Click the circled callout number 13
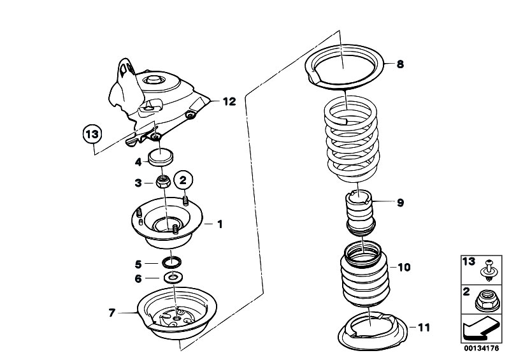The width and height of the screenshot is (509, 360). [x=92, y=134]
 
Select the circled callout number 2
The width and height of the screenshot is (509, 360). [x=183, y=180]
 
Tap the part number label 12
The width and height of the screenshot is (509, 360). [x=229, y=101]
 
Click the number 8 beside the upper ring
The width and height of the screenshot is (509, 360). [x=400, y=64]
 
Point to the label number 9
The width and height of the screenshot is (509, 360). [x=400, y=203]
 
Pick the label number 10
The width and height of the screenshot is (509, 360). [x=404, y=267]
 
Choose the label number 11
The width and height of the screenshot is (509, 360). [x=424, y=328]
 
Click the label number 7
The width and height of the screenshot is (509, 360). [x=111, y=313]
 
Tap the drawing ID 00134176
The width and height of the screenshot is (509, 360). [x=481, y=349]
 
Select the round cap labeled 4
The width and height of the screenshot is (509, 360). [x=161, y=157]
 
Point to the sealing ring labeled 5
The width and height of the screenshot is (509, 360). [x=172, y=263]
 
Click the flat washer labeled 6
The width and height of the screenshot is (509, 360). [x=173, y=278]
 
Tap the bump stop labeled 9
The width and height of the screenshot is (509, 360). [x=361, y=213]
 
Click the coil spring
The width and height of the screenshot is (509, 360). [x=352, y=139]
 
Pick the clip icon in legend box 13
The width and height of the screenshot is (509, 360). [x=487, y=271]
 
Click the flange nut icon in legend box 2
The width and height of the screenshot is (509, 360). [x=487, y=299]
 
